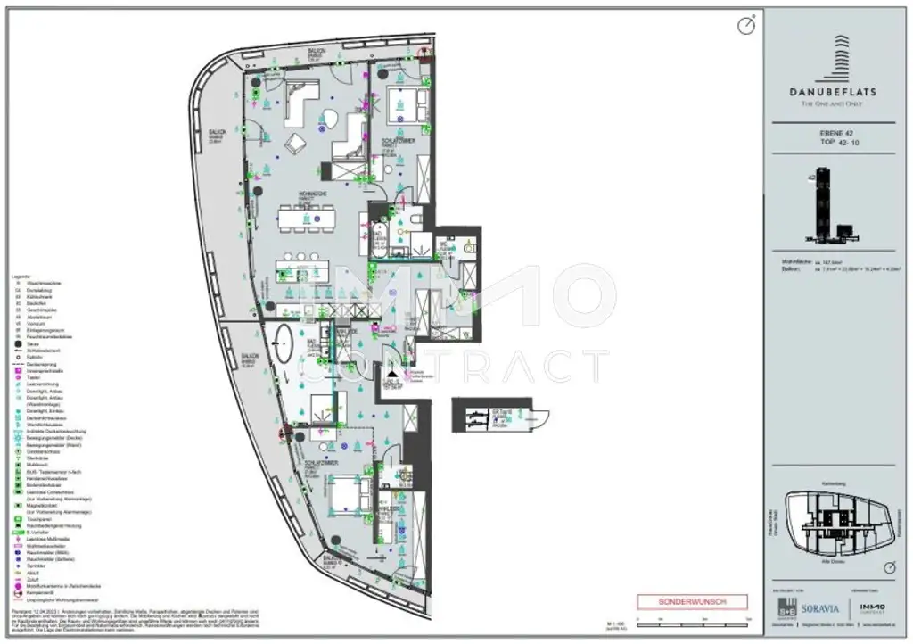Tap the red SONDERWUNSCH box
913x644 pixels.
point(692,602)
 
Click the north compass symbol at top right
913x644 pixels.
point(746,27)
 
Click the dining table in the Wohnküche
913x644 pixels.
point(306,217)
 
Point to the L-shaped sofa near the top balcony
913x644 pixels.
point(300,98)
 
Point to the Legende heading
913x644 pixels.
point(22,278)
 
